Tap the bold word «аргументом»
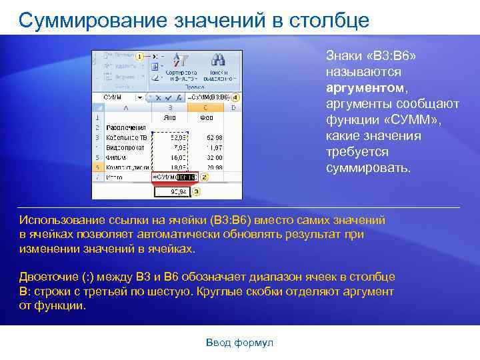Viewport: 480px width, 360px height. pos(365,87)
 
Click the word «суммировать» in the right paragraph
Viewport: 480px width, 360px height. pos(368,167)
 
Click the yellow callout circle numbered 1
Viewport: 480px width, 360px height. pos(139,57)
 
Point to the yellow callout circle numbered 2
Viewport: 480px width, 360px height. pos(204,177)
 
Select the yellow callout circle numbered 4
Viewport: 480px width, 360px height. pos(235,97)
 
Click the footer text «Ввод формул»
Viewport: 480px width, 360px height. pos(239,343)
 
